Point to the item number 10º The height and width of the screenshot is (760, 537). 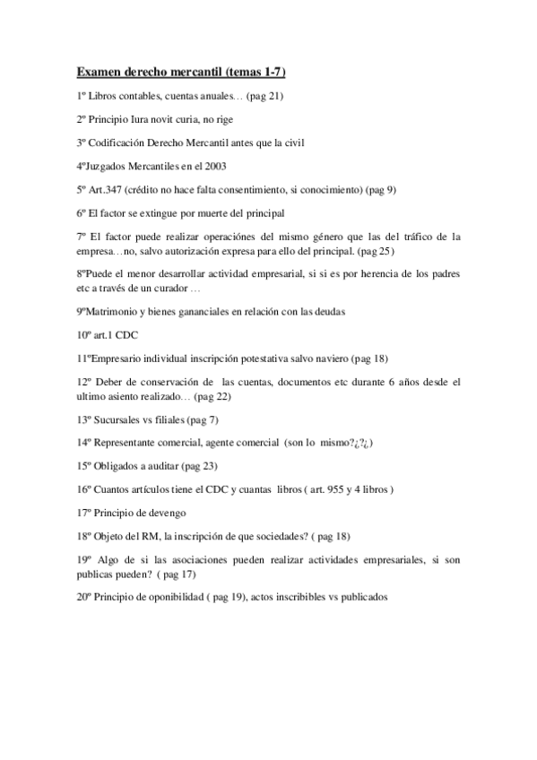coord(83,334)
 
